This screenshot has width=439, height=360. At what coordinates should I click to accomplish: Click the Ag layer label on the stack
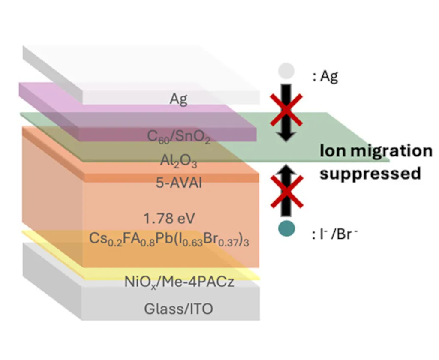pyautogui.click(x=179, y=99)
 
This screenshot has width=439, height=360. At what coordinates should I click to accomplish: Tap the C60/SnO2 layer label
pyautogui.click(x=179, y=137)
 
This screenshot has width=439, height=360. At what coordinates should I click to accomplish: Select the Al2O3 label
pyautogui.click(x=179, y=162)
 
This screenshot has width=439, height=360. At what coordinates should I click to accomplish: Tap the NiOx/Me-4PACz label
pyautogui.click(x=179, y=282)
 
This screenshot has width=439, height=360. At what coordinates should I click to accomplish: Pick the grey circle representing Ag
pyautogui.click(x=286, y=71)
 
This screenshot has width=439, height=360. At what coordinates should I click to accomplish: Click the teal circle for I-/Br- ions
pyautogui.click(x=286, y=228)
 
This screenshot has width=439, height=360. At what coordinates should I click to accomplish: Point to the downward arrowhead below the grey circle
pyautogui.click(x=286, y=135)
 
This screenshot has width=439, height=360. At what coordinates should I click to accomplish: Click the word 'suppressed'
pyautogui.click(x=370, y=174)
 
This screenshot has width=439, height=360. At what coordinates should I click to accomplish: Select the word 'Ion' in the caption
pyautogui.click(x=331, y=151)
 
